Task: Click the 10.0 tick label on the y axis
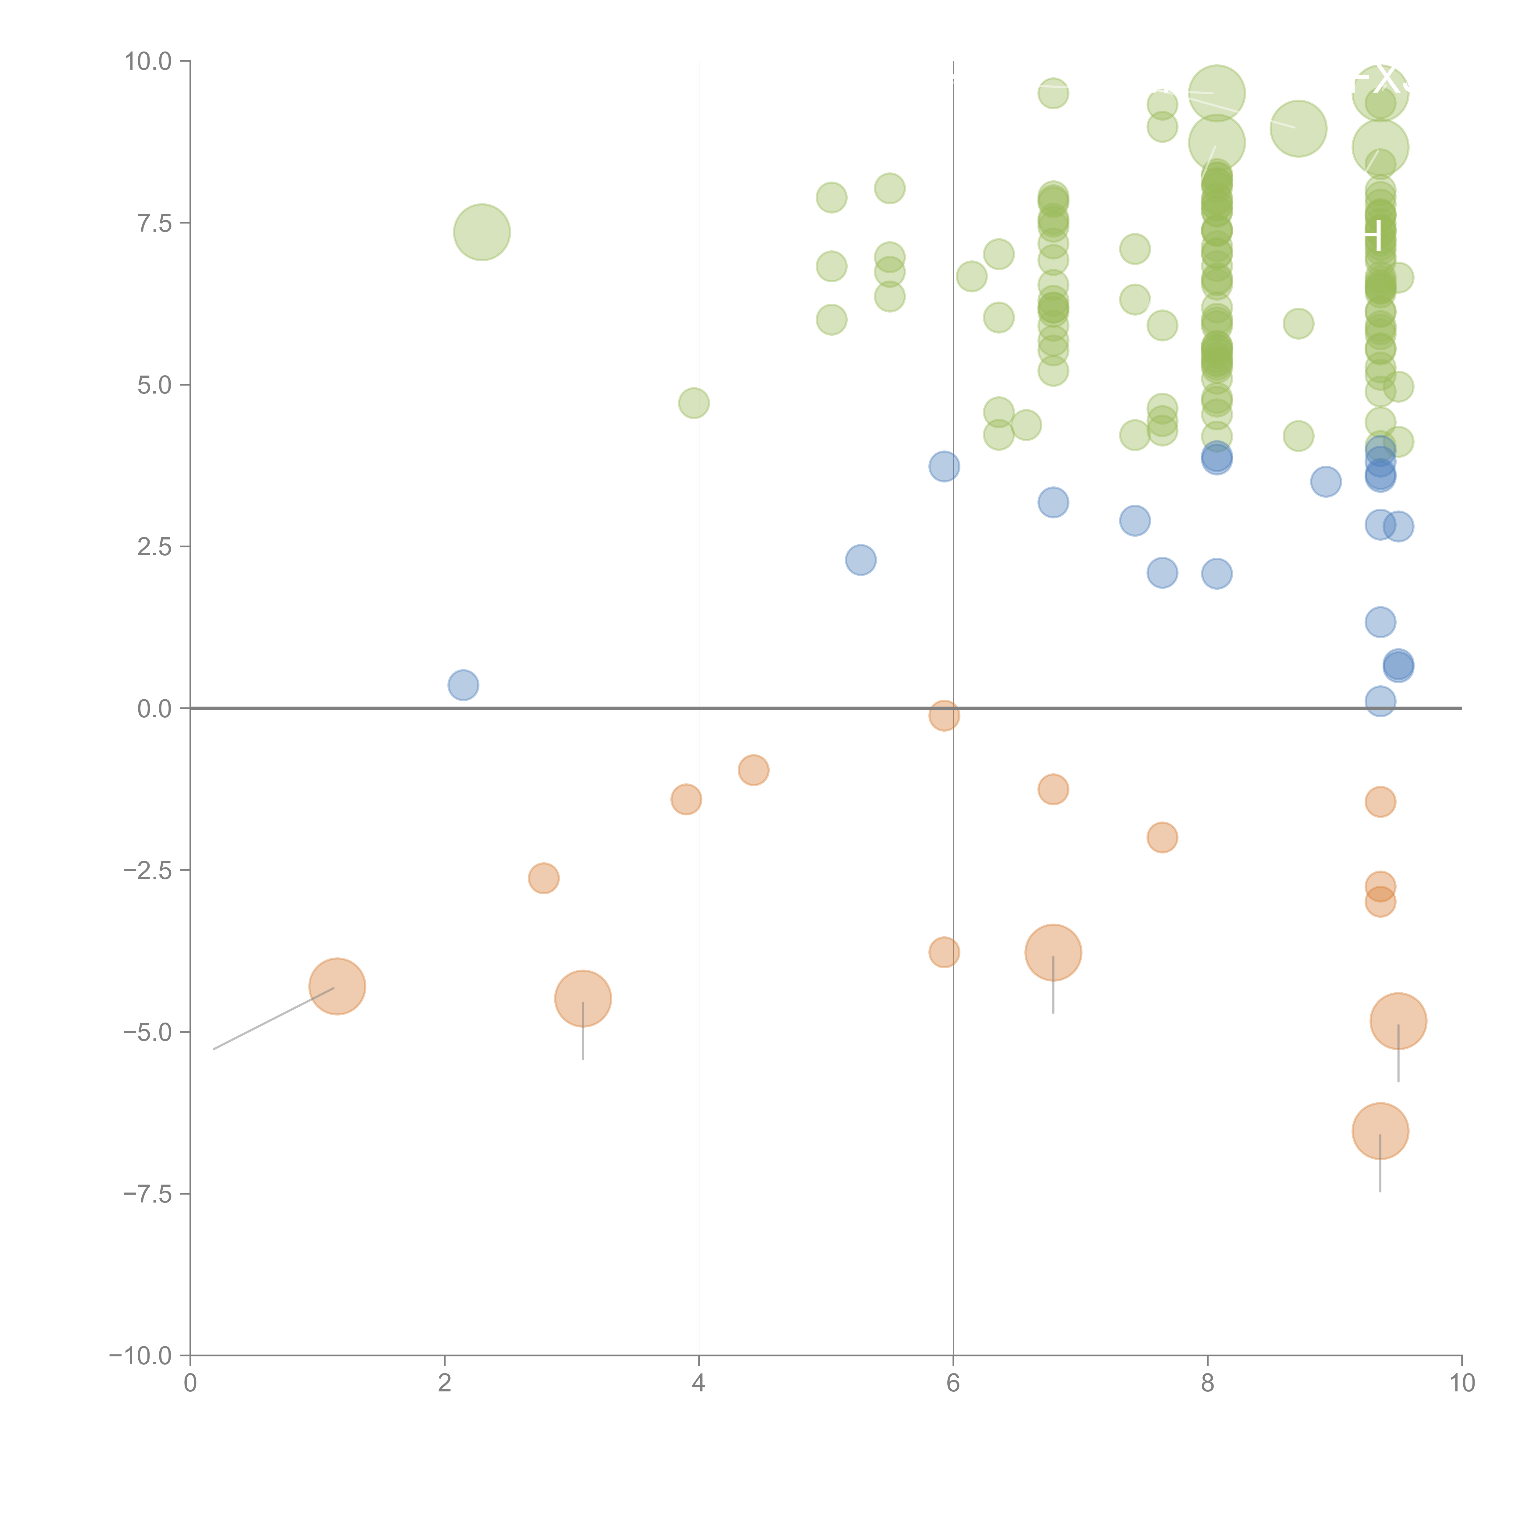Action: (148, 62)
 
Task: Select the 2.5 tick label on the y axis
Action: (154, 547)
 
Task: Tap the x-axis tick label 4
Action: (698, 1383)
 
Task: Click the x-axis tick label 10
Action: (1461, 1383)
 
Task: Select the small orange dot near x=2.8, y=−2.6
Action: (543, 878)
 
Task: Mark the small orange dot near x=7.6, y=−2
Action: (1162, 837)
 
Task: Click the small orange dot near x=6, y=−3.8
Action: (944, 952)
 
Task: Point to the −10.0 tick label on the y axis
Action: (142, 1356)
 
